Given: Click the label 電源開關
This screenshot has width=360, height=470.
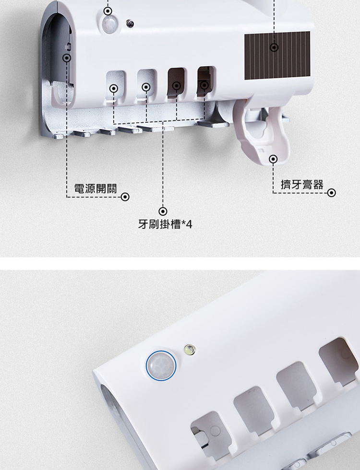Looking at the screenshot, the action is click(x=96, y=188).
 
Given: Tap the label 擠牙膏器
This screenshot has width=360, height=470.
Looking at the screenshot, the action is click(x=302, y=185).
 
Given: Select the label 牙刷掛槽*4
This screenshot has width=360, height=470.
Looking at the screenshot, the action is click(x=165, y=224).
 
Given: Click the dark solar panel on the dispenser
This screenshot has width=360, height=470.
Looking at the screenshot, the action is click(x=277, y=56).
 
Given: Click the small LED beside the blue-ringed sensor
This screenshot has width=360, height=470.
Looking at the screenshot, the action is click(x=189, y=349).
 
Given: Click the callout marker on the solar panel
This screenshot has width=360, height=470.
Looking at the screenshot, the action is click(x=274, y=47).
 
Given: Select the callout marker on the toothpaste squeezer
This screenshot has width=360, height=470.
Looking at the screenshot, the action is click(x=273, y=159).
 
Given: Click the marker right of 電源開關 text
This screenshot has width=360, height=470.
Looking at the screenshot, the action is click(x=125, y=197).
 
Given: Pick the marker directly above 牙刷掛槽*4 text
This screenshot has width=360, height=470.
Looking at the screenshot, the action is click(x=163, y=211).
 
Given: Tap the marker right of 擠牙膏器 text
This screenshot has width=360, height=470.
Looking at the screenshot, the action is click(x=331, y=193).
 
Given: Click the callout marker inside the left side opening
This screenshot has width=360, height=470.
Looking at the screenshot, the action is click(x=67, y=58).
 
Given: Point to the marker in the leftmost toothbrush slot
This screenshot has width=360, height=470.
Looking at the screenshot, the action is click(x=114, y=88).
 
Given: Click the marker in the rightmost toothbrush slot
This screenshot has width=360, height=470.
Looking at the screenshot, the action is click(x=204, y=85).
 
